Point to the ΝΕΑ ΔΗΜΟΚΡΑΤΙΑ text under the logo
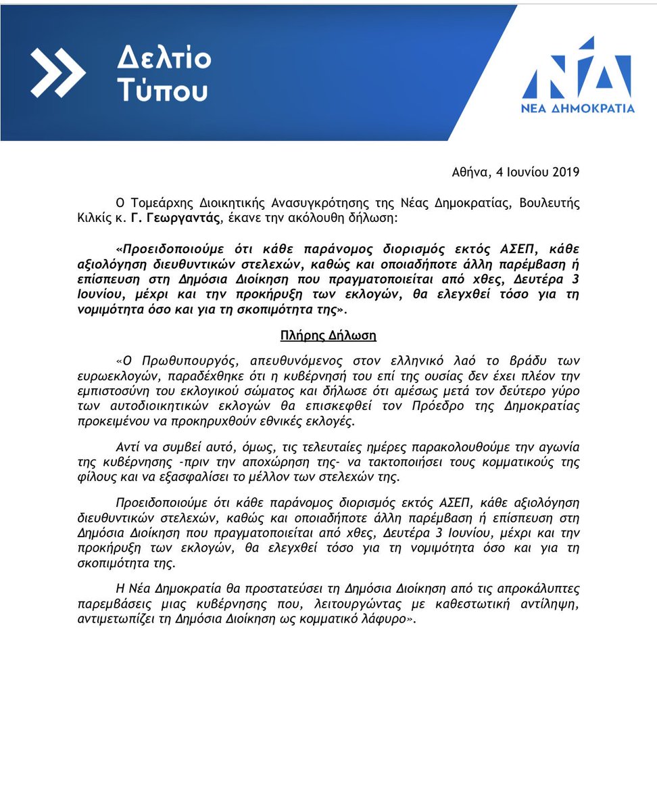coord(577,108)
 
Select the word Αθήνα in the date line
coord(470,173)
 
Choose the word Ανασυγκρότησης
coord(288,203)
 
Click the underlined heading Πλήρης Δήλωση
coord(328,335)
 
